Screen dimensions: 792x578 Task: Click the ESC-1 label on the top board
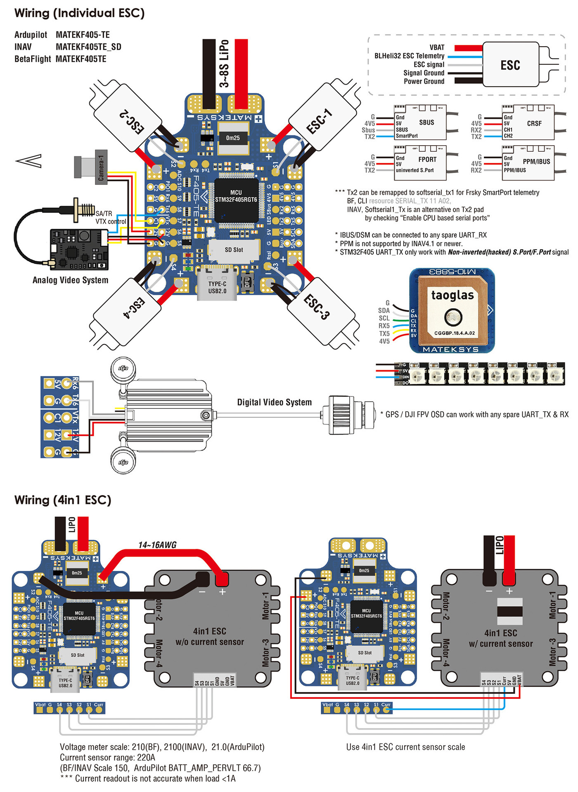319,121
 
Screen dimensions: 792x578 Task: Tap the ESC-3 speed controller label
317,307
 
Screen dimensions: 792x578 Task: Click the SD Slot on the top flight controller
234,250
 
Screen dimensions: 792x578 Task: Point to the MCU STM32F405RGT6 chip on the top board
236,196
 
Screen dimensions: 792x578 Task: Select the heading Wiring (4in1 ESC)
63,500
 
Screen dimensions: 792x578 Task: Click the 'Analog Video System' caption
71,280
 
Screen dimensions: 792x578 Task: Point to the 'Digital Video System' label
274,402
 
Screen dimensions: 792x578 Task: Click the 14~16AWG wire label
157,545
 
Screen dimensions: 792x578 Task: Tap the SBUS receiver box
420,123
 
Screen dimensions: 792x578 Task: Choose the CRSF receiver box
528,123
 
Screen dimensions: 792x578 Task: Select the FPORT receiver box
420,163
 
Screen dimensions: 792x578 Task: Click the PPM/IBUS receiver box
528,163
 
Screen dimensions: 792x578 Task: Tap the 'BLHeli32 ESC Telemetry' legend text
409,56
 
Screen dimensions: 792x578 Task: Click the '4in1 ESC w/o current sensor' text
209,636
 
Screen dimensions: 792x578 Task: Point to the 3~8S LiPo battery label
224,64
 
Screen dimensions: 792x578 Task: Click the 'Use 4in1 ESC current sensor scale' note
405,747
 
